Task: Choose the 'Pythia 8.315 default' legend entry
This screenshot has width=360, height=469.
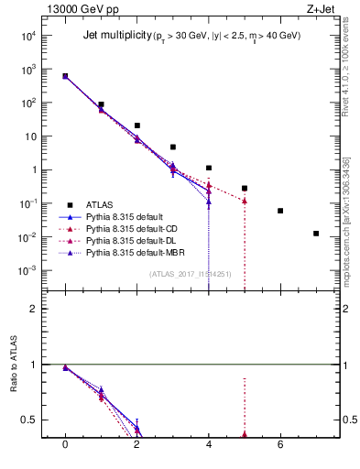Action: pos(127,217)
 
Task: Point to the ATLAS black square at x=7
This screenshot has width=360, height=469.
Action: pos(316,234)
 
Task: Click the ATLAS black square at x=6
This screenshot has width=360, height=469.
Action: pos(280,211)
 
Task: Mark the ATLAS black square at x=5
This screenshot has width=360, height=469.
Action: pos(245,188)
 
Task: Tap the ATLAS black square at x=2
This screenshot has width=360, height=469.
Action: pos(136,125)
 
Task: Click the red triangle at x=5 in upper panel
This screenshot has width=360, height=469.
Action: pos(245,201)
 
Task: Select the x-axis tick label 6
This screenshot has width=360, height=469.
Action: pos(280,444)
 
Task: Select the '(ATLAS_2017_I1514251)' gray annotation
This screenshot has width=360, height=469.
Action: pos(190,274)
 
